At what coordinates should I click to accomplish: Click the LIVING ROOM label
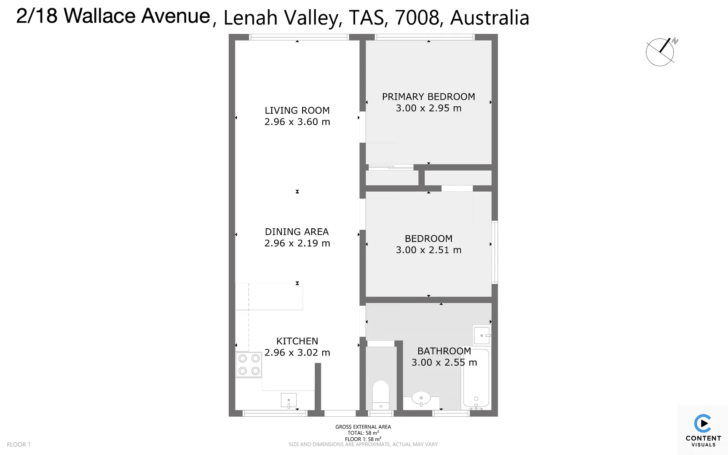(x=297, y=110)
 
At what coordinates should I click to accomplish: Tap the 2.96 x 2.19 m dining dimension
(x=297, y=243)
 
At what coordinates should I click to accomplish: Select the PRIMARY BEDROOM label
(x=428, y=96)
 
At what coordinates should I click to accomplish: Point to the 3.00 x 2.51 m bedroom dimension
(x=428, y=250)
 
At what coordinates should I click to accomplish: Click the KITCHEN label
(x=297, y=341)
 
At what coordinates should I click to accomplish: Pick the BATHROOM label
(x=444, y=351)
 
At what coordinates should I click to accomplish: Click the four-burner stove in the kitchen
(x=249, y=364)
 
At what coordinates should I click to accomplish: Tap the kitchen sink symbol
(x=289, y=400)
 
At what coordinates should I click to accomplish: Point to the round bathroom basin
(x=421, y=398)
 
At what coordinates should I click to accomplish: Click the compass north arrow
(x=665, y=45)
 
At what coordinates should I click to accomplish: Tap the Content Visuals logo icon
(x=703, y=423)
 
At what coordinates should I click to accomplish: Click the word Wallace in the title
(x=100, y=16)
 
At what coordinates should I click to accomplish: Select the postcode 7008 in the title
(x=417, y=18)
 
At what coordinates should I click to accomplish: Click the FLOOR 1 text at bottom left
(x=19, y=444)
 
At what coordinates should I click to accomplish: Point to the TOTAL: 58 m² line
(x=363, y=433)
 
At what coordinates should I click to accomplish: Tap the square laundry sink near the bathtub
(x=482, y=335)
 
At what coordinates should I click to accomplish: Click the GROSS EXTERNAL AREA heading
(x=363, y=427)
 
